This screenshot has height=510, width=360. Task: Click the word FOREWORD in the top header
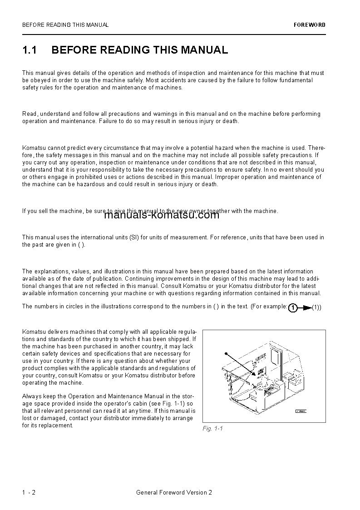309,25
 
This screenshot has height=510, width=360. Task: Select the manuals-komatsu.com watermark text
162,215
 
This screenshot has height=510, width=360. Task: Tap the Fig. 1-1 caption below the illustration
212,429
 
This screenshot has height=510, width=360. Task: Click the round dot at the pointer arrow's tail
226,353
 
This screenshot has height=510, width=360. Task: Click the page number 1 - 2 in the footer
29,492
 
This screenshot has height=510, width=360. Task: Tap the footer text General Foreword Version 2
174,492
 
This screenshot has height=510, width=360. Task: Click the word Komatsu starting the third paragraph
33,148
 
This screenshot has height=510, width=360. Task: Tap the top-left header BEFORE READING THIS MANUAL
65,25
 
